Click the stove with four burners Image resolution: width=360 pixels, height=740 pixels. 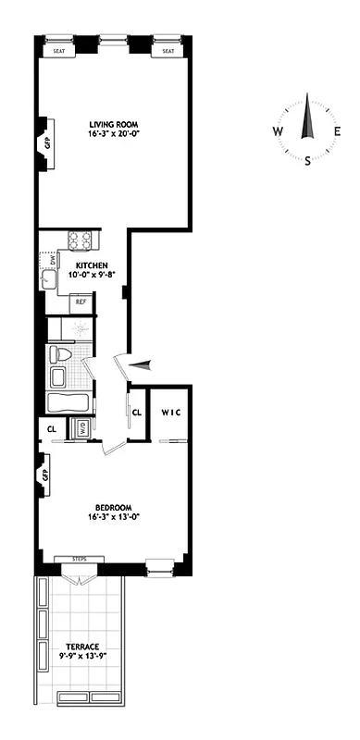point(81,240)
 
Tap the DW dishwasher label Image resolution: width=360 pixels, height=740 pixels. point(53,261)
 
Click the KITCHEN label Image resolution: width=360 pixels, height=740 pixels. point(92,265)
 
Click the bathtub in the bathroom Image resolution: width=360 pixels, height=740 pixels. point(68,403)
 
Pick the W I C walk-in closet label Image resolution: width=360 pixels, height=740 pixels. point(173,412)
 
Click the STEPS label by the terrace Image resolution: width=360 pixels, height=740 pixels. point(79,559)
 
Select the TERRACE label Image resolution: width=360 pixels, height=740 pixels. point(77,646)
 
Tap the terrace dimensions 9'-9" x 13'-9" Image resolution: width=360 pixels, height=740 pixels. point(77,656)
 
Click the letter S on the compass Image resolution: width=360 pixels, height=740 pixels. point(308,160)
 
